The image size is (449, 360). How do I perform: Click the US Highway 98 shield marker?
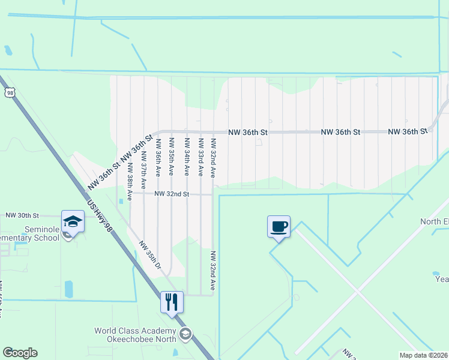pyautogui.click(x=9, y=92)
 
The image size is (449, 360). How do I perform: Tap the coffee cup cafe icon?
pyautogui.click(x=279, y=227)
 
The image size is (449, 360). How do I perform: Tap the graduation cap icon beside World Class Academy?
pyautogui.click(x=185, y=334)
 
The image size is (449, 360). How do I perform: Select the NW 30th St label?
pyautogui.click(x=22, y=215)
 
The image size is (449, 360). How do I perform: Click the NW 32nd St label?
pyautogui.click(x=172, y=194)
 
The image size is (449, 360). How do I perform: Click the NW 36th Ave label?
pyautogui.click(x=158, y=157)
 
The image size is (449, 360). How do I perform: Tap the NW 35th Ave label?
pyautogui.click(x=172, y=157)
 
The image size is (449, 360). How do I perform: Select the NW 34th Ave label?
pyautogui.click(x=186, y=157)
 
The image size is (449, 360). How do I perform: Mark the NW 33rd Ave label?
pyautogui.click(x=200, y=157)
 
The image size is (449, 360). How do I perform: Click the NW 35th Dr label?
pyautogui.click(x=151, y=255)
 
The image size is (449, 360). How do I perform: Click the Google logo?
pyautogui.click(x=20, y=353)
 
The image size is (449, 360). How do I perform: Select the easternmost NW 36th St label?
pyautogui.click(x=407, y=131)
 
